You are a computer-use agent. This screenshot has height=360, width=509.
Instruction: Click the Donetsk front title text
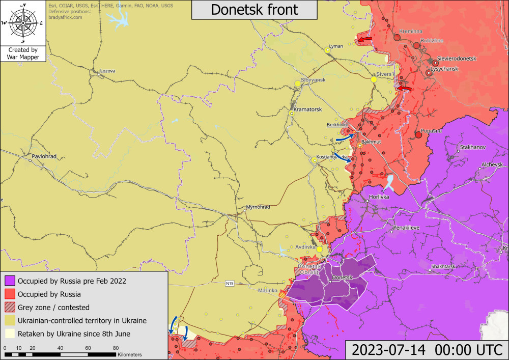click(254, 10)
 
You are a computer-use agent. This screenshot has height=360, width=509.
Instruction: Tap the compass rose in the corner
click(22, 23)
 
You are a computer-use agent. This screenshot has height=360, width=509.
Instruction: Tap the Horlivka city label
click(379, 197)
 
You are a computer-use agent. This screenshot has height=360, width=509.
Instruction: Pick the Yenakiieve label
click(406, 228)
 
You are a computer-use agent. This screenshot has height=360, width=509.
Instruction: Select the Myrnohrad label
click(258, 207)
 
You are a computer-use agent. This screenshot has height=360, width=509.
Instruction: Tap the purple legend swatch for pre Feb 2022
click(10, 281)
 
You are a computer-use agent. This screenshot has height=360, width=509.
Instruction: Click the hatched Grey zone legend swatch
click(10, 307)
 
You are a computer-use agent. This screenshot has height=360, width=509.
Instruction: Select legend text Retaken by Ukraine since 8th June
click(74, 334)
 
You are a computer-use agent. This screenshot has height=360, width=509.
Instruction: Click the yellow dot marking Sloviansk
click(298, 84)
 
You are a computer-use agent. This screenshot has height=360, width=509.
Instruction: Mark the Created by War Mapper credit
click(22, 53)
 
